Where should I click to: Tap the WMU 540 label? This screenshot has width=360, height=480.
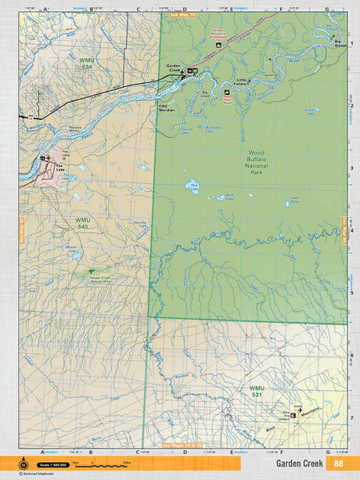point(83,223)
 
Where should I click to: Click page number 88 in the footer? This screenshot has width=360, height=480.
point(338,464)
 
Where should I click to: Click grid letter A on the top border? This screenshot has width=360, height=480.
point(45,9)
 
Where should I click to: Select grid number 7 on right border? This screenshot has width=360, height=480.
point(351,417)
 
